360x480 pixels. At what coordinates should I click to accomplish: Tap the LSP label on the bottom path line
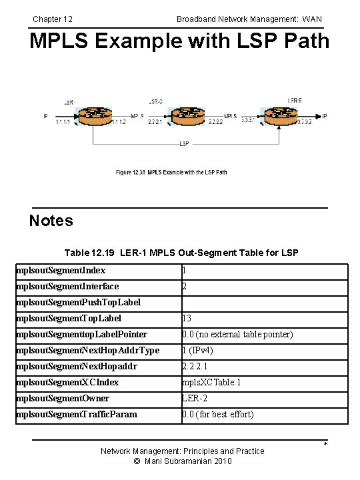[x=184, y=144]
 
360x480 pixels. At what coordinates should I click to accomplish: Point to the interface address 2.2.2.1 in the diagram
[x=155, y=123]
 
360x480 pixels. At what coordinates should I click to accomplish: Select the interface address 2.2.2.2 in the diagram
[x=215, y=123]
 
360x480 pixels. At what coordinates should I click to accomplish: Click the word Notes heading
[x=51, y=221]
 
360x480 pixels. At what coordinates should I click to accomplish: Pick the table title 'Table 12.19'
[x=90, y=253]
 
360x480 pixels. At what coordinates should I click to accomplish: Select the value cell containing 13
[x=187, y=319]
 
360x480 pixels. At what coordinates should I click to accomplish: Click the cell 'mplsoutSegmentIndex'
[x=61, y=271]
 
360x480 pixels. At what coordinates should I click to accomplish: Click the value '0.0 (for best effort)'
[x=218, y=414]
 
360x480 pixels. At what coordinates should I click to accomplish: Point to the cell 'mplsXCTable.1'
[x=212, y=382]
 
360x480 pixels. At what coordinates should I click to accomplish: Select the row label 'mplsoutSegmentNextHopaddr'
[x=77, y=366]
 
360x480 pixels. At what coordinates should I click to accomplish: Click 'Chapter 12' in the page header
[x=53, y=19]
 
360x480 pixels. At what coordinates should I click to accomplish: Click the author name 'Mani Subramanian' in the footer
[x=184, y=461]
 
